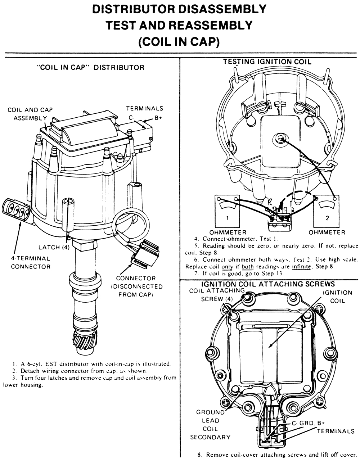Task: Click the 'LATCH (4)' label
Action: point(54,247)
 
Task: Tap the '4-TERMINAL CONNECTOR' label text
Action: point(30,262)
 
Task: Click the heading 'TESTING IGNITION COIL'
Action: point(267,62)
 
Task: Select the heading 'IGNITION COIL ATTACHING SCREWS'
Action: point(268,284)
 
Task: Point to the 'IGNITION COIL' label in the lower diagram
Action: point(337,297)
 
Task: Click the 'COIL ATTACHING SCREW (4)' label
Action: point(217,294)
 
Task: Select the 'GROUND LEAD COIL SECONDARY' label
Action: point(211,425)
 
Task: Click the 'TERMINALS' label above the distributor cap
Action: point(144,108)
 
